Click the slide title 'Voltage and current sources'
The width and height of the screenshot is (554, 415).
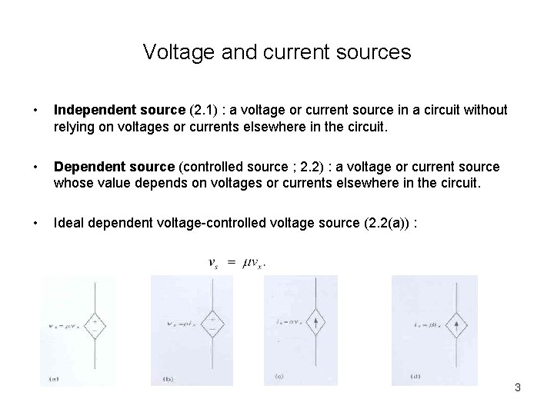coord(277,52)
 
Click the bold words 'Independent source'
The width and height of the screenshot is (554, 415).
coord(113,110)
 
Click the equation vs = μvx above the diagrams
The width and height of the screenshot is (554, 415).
coord(239,262)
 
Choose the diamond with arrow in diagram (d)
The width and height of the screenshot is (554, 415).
coord(456,324)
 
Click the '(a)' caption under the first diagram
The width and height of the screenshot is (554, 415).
coord(53,378)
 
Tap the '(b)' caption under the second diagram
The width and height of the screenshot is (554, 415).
coord(168,379)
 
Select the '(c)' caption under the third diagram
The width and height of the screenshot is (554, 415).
coord(279,377)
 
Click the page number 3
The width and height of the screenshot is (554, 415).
coord(518,387)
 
